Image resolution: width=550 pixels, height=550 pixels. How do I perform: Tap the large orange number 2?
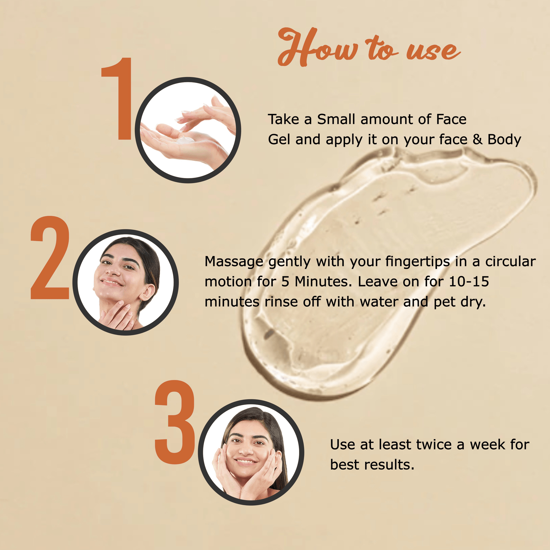pyautogui.click(x=50, y=257)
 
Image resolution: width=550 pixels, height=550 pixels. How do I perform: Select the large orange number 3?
pyautogui.click(x=175, y=422)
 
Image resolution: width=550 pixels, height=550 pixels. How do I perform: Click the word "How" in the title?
pyautogui.click(x=317, y=47)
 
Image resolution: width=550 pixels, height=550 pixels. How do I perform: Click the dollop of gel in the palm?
pyautogui.click(x=185, y=140)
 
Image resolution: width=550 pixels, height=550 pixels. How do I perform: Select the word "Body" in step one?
pyautogui.click(x=504, y=140)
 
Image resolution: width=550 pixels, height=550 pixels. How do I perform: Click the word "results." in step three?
pyautogui.click(x=389, y=465)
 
